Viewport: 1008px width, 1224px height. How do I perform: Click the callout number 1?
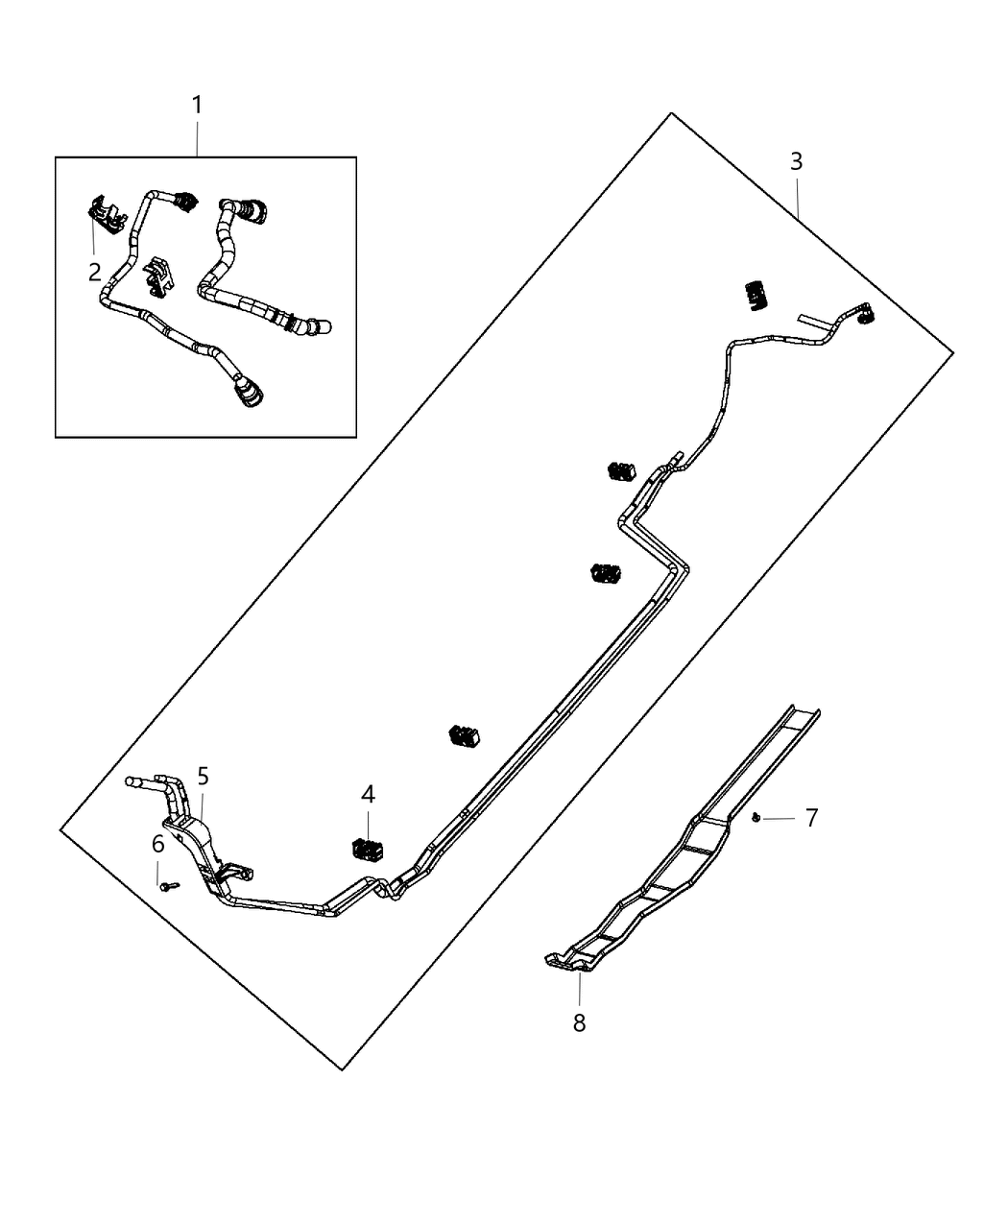[197, 105]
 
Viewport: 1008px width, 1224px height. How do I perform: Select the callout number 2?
[94, 272]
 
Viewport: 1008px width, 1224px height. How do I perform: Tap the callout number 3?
[796, 161]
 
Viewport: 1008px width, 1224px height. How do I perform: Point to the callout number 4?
[368, 794]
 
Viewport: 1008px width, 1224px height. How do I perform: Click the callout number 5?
[203, 775]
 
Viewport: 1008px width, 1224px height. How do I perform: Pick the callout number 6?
[158, 845]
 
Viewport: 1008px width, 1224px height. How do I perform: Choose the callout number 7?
[811, 818]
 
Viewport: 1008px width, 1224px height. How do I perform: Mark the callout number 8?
[579, 1023]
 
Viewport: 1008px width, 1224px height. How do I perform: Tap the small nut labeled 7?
[757, 817]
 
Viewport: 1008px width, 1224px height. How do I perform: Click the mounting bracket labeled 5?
[197, 845]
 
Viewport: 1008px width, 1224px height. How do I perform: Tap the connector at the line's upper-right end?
[865, 313]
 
